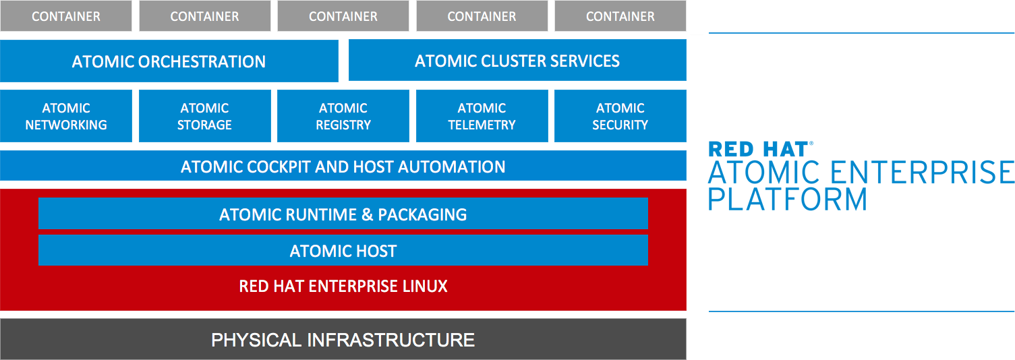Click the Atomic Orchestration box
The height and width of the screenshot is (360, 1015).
169,61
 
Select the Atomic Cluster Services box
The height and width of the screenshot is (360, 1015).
517,61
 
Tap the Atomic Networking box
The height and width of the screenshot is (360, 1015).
66,116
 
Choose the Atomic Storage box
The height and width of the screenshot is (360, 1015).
204,116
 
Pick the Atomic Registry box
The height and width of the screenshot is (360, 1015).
343,116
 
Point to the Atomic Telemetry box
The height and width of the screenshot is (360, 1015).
482,116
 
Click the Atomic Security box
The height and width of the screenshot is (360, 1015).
620,116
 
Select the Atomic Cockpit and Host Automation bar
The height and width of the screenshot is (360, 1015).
343,167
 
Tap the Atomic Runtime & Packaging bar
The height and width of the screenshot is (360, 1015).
343,214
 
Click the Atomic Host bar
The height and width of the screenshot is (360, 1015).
343,251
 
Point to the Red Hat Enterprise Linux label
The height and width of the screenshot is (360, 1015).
343,287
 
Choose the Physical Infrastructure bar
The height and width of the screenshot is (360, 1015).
343,339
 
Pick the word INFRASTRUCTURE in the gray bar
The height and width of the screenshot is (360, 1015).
391,340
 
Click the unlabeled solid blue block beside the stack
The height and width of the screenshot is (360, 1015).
850,175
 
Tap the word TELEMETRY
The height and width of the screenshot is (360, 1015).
482,125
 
